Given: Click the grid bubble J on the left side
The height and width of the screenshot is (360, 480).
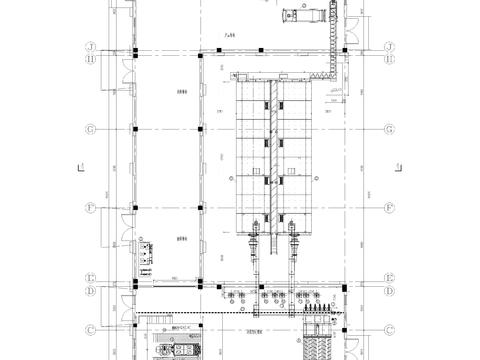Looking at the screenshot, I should coord(91,47).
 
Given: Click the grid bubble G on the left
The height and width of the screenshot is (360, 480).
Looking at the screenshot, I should coord(91,129).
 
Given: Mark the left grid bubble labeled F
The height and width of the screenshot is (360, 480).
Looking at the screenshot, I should coord(91,208).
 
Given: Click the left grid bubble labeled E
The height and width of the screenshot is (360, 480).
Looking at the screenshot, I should coord(91,279).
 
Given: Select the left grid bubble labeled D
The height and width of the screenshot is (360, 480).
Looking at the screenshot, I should coord(91,290).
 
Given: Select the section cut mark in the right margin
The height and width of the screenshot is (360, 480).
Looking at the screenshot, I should coord(401,169).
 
